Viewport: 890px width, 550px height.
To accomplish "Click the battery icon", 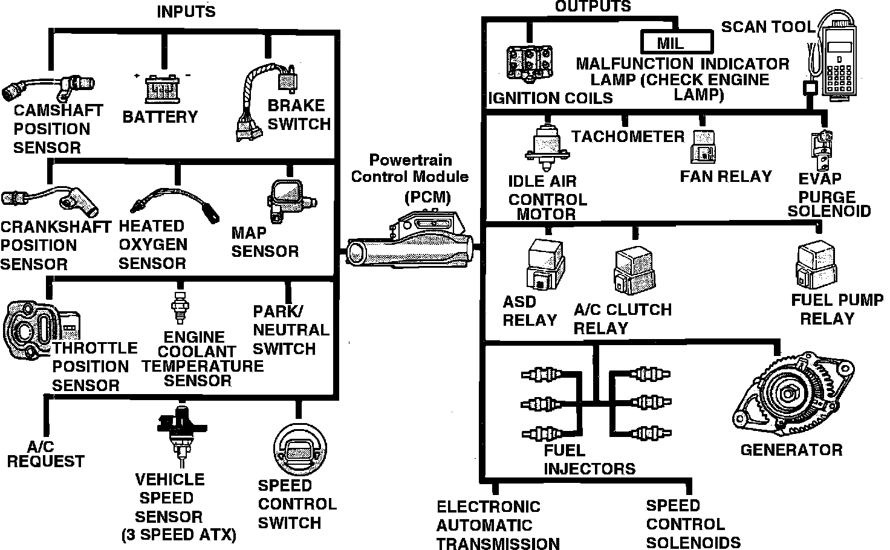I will [162, 88].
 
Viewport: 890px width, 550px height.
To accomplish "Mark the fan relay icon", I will [704, 147].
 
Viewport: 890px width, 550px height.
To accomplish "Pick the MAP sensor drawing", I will [288, 199].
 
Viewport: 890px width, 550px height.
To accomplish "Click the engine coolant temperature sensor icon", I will [179, 308].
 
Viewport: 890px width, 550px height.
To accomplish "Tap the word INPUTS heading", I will [186, 11].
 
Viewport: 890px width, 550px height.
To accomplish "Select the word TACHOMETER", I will [628, 137].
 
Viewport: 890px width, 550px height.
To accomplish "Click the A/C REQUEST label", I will [45, 455].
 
